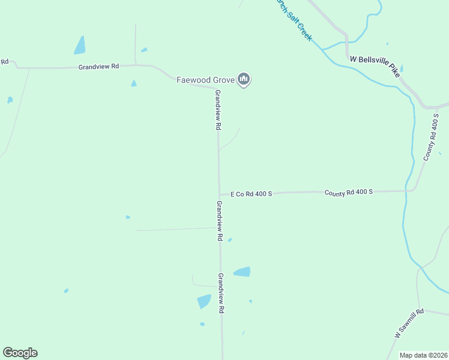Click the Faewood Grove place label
point(205,79)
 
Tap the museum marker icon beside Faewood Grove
point(244,79)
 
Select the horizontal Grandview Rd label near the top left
point(99,67)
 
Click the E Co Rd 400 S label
point(252,194)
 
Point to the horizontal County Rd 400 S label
point(349,192)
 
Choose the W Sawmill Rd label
point(409,324)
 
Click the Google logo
point(20,353)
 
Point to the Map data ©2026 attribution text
point(423,355)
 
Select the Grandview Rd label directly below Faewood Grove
point(218,110)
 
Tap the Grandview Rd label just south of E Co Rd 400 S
point(220,221)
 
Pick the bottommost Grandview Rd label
point(221,293)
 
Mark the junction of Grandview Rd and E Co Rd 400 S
point(218,194)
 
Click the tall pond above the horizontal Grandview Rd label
point(79,45)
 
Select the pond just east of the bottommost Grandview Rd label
point(242,272)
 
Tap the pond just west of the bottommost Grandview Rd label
point(204,301)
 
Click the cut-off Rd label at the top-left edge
point(4,62)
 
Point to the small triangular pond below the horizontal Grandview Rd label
point(134,83)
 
